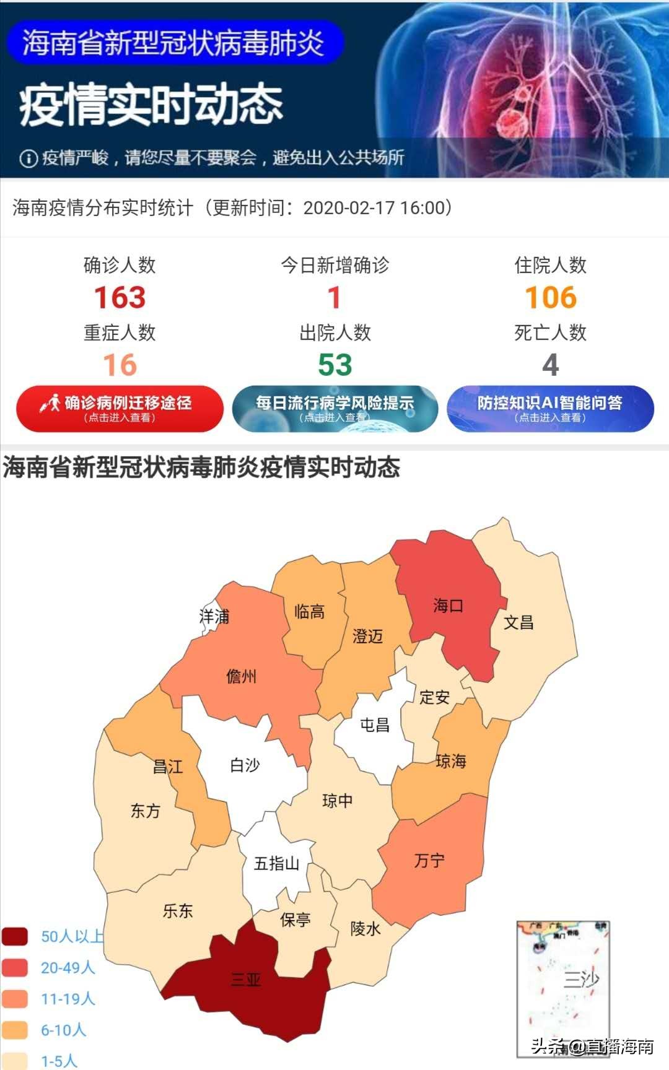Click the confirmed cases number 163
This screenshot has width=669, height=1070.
[x=120, y=298]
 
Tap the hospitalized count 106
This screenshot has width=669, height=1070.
[x=551, y=298]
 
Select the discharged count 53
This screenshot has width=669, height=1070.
[x=335, y=365]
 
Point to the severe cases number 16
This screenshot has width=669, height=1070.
[x=120, y=365]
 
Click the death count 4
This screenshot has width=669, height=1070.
[x=551, y=365]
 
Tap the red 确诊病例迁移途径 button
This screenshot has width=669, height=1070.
[x=120, y=409]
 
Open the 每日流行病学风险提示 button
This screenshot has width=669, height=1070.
[x=335, y=409]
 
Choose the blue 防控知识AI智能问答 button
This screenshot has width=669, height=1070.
[x=550, y=409]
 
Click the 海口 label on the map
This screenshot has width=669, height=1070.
[x=448, y=606]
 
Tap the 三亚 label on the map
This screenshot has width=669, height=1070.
[x=245, y=979]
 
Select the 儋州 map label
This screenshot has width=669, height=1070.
[x=242, y=676]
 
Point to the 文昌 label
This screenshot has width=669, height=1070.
[x=518, y=622]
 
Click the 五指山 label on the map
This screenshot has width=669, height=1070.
[x=276, y=863]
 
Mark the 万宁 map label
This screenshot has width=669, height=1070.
[x=429, y=860]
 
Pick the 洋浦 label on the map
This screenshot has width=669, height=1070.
[x=214, y=616]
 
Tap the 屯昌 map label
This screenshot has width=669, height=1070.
[x=375, y=724]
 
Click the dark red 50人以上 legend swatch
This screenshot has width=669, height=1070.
[x=15, y=936]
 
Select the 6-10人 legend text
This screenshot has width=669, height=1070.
[x=63, y=1030]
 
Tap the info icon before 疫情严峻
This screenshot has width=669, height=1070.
[x=28, y=159]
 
